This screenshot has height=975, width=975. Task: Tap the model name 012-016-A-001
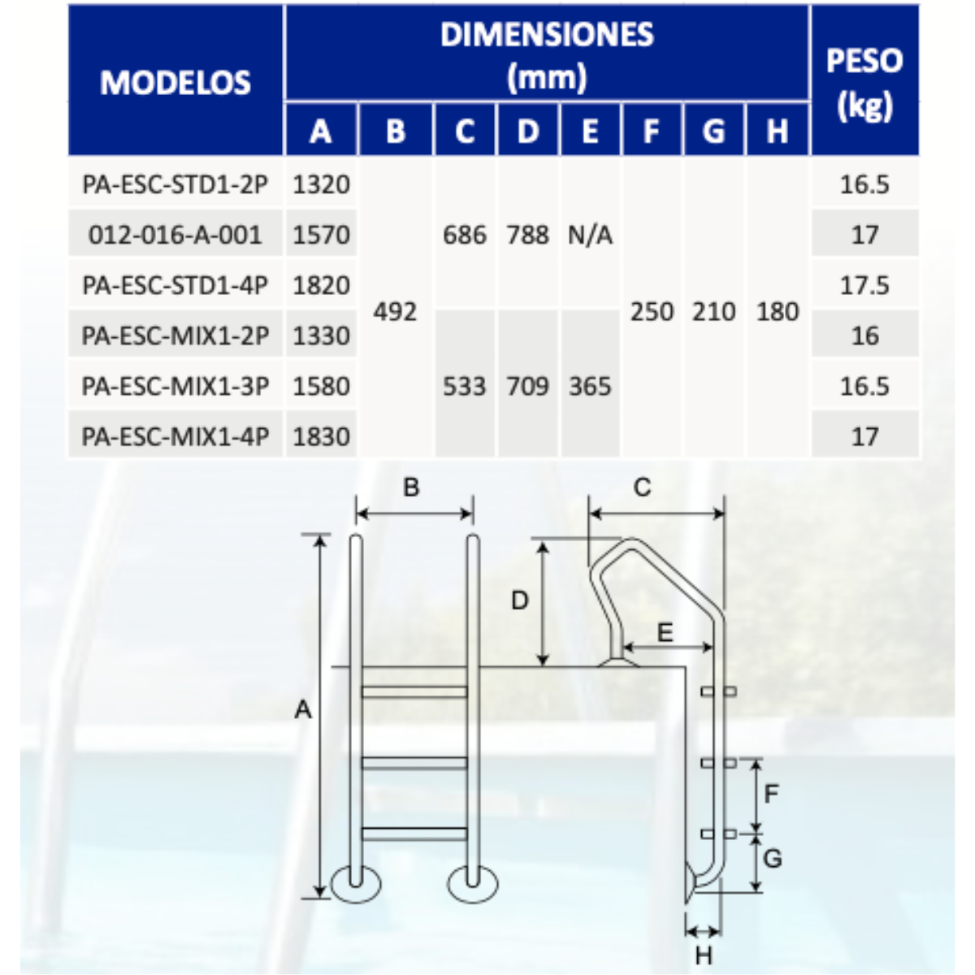tap(175, 235)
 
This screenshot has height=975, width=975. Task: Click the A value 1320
tap(321, 184)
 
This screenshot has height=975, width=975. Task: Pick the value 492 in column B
tap(395, 311)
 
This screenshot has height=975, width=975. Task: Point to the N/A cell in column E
tap(590, 235)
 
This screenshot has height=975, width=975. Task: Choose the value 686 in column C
tap(465, 235)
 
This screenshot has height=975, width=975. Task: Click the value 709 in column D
tap(528, 386)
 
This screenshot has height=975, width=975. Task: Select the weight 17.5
tap(864, 285)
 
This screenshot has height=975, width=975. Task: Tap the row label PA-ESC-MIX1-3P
tap(175, 386)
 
